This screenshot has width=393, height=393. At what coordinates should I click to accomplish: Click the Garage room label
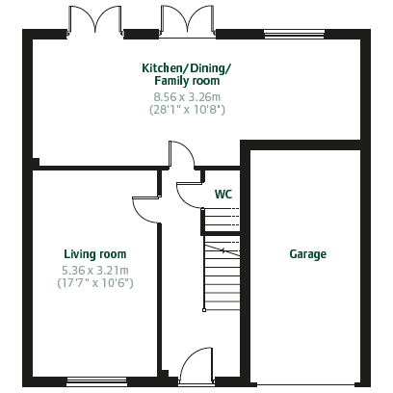(x=307, y=254)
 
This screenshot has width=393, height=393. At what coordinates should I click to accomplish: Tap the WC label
(x=223, y=195)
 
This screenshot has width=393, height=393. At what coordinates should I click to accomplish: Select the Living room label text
(x=95, y=254)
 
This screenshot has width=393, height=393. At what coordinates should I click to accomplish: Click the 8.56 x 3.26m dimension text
(x=187, y=96)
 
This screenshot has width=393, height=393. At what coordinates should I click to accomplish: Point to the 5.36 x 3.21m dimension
(x=95, y=271)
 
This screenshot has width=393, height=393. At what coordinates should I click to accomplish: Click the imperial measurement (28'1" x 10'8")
(x=187, y=110)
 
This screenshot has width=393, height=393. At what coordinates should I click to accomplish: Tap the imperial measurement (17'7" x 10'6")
(x=95, y=283)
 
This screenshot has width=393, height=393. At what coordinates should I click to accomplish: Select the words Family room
(x=187, y=81)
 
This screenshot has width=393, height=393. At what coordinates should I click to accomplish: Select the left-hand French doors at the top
(x=95, y=19)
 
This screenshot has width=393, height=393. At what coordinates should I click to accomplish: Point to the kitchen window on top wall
(x=294, y=34)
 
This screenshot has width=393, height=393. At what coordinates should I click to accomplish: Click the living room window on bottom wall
(x=96, y=381)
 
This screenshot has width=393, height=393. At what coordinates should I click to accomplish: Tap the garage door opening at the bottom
(x=306, y=383)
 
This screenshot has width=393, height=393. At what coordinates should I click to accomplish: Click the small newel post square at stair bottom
(x=204, y=310)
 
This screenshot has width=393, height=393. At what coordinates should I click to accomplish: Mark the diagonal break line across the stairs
(x=223, y=250)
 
